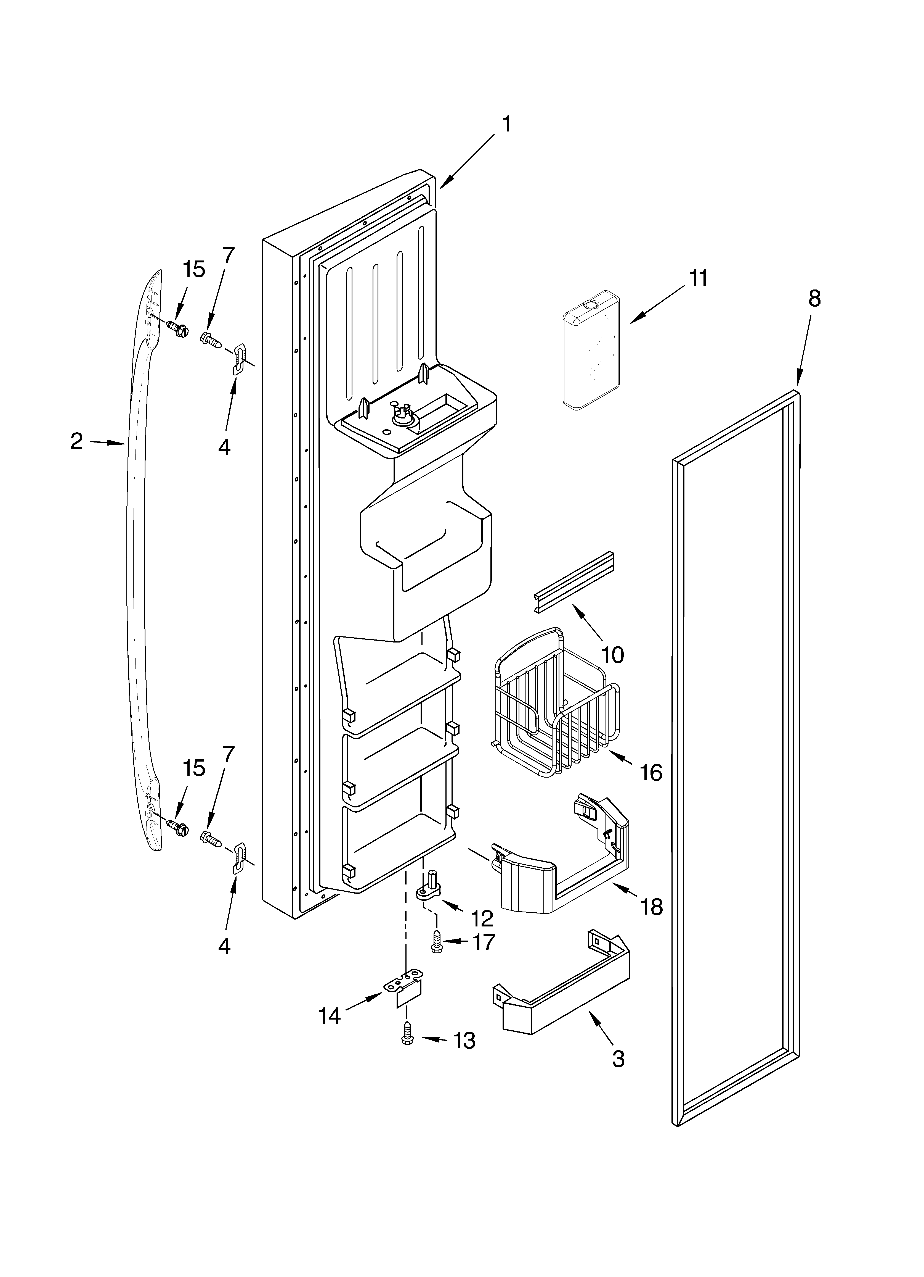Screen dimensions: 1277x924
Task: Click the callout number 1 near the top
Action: [506, 123]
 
